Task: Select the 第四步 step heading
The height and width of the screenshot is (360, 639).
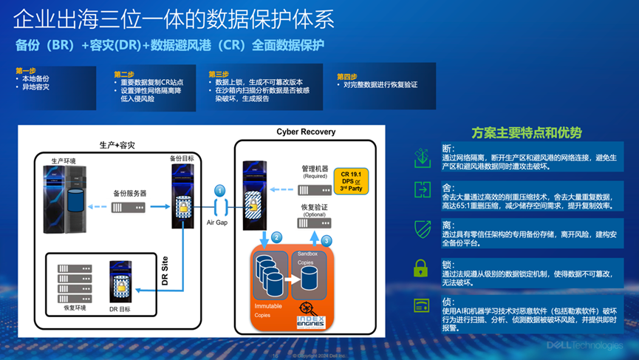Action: [x=347, y=76]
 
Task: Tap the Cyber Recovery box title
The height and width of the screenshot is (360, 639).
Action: [x=306, y=132]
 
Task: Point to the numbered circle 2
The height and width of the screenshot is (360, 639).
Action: [x=276, y=237]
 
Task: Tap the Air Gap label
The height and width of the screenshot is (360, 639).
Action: [x=219, y=222]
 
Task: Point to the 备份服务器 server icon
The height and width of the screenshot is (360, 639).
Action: [x=127, y=208]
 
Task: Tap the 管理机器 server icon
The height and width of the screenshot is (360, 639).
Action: [x=314, y=190]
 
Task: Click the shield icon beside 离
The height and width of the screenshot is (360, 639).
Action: [x=422, y=228]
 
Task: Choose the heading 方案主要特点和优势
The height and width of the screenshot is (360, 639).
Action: [x=527, y=133]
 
